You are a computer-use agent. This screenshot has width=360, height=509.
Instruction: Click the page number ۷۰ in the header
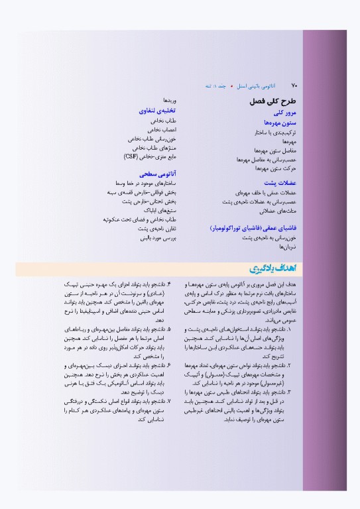295,85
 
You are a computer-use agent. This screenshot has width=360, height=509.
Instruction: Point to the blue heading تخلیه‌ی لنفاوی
156,111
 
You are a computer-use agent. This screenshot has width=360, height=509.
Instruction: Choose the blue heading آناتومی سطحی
157,172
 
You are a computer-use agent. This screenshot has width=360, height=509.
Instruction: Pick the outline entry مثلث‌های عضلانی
282,209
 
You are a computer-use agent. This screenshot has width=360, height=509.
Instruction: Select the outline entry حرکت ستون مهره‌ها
279,169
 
